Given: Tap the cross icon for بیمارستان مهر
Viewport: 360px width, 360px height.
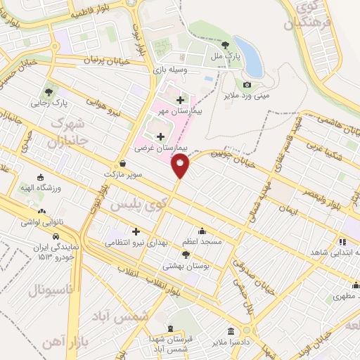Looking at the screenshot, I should pos(181,100).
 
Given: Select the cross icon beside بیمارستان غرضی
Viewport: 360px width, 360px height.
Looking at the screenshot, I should pos(160,136).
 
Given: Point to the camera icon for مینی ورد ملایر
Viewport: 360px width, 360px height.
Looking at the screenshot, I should pos(247,85).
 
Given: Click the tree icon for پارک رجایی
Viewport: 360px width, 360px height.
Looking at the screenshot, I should pos(48,91).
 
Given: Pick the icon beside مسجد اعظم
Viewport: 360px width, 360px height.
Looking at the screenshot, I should pos(202,231).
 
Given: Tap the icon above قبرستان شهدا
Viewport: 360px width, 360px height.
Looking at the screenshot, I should pos(169,329).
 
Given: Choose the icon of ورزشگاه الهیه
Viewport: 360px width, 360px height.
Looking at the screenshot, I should pos(40,177).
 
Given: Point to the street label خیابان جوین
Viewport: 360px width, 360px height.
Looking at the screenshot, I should pos(220,150).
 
